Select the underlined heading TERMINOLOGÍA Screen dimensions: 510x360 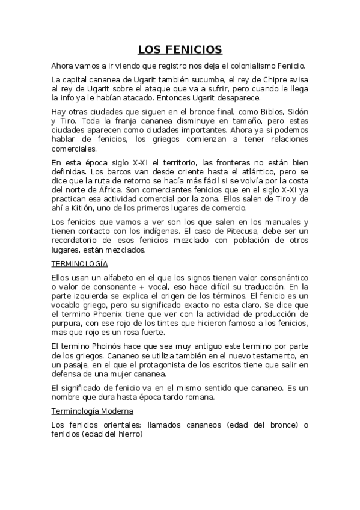pyautogui.click(x=79, y=263)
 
